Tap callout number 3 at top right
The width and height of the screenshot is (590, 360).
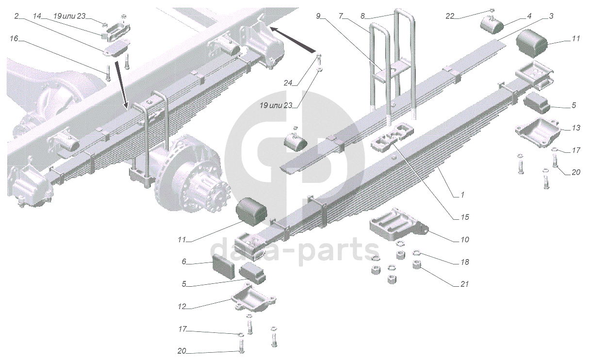point(551,16)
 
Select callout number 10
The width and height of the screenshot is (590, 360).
point(464,240)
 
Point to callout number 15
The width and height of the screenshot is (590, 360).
point(464,217)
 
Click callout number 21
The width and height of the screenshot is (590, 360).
point(464,284)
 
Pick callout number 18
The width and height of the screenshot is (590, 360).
point(464,262)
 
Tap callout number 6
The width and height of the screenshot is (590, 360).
point(184,262)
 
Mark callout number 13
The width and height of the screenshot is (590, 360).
point(576,128)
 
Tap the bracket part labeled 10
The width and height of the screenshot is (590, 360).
point(398,226)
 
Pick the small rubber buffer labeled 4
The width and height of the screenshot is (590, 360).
point(491,24)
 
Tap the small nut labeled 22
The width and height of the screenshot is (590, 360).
point(492,10)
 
